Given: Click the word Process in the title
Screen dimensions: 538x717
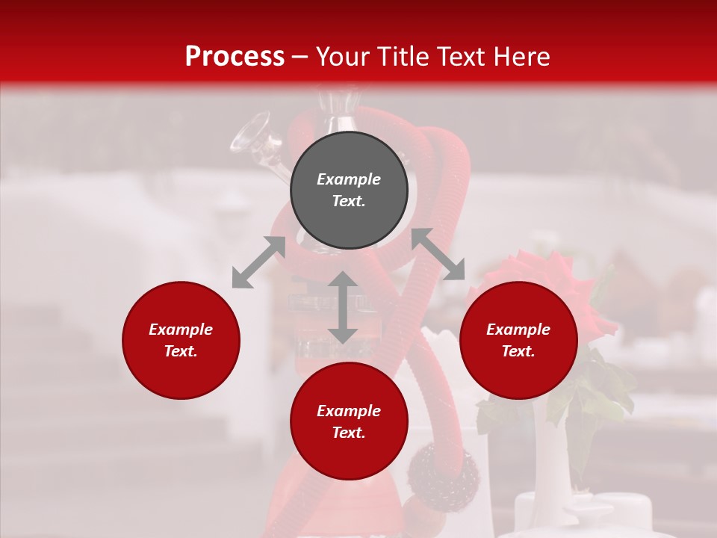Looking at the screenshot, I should tap(235, 57).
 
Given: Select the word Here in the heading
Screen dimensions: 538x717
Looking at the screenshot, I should tap(521, 57).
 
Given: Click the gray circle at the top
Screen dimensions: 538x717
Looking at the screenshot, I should tap(349, 190).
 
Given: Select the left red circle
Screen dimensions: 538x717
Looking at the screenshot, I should tap(181, 340).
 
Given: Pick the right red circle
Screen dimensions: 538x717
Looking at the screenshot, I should tap(518, 340).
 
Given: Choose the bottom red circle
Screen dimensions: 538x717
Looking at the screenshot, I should tap(349, 421).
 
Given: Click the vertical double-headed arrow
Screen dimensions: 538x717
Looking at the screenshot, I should tap(343, 307).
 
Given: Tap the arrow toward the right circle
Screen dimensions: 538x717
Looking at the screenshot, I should tap(438, 254).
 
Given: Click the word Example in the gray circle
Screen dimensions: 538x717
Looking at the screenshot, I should tap(349, 179).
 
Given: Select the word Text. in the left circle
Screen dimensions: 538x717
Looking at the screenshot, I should tap(181, 351).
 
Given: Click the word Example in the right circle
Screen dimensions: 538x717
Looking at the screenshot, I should tap(518, 330).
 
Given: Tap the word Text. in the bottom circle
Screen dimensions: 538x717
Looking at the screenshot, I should tap(349, 433).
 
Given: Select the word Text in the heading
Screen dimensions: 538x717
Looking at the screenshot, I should tap(461, 57).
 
